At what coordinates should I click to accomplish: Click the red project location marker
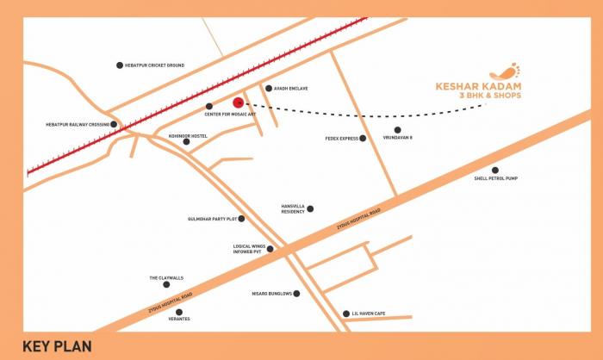tap(239, 103)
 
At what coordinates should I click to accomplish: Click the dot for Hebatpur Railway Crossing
tap(114, 124)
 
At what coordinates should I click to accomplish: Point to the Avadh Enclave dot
tap(268, 88)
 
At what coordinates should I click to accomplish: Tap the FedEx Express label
tap(341, 138)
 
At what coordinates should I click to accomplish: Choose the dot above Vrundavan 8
tap(397, 130)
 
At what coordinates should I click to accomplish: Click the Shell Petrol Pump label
tap(495, 178)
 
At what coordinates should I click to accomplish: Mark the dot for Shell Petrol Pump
tap(494, 170)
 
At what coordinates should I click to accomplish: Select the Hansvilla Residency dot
tap(310, 208)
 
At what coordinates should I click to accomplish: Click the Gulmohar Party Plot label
tap(210, 219)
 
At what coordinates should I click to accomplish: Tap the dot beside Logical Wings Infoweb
tap(270, 249)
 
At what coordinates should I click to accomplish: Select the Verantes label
tap(178, 320)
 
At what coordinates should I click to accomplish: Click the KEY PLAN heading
tap(57, 346)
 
